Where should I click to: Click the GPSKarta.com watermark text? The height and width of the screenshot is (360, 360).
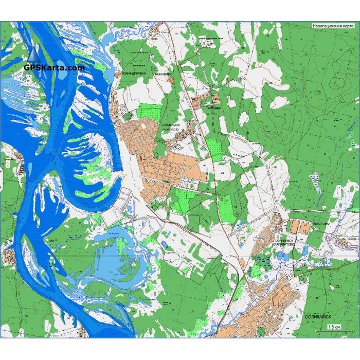click(x=54, y=67)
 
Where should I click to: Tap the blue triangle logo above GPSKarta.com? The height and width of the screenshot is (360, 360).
click(x=34, y=53)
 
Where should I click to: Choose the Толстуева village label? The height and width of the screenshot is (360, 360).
click(x=212, y=109)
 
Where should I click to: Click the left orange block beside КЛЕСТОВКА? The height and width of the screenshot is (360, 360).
click(x=295, y=227)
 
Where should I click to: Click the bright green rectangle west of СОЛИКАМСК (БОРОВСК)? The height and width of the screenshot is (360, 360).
click(x=149, y=113)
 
